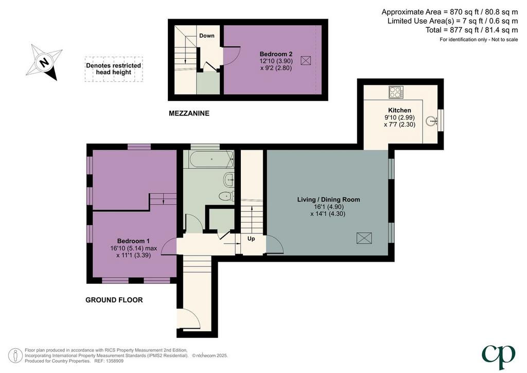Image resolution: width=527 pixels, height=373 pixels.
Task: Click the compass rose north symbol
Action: tap(44, 62)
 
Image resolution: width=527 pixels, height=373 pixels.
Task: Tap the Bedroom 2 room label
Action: tap(276, 54)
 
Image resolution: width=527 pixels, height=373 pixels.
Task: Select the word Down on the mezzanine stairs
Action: tap(207, 36)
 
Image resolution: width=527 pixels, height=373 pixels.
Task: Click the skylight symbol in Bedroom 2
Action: tap(306, 61)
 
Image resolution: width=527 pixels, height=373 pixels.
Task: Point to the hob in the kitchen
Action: tap(396, 92)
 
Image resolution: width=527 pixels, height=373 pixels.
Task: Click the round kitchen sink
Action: tap(431, 121)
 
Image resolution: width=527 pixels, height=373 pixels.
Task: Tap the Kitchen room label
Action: tap(399, 110)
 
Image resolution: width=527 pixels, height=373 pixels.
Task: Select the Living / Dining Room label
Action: tap(328, 199)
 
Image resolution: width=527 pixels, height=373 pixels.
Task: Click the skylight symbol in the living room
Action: tap(364, 238)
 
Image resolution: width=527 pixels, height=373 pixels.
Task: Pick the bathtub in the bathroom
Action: tap(212, 159)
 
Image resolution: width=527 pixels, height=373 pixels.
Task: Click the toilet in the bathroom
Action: tap(226, 196)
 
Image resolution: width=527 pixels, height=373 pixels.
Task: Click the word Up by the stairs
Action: tap(251, 239)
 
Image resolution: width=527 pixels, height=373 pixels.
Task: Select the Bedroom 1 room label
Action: tap(133, 241)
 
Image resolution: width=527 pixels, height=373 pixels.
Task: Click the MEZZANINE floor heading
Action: tap(189, 113)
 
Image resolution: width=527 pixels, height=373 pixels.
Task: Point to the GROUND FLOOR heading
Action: tap(114, 300)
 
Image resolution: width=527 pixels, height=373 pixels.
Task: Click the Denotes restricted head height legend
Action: tap(114, 69)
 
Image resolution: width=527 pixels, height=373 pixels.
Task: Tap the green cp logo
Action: tap(498, 357)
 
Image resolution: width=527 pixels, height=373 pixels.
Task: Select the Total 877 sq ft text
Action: tap(472, 30)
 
